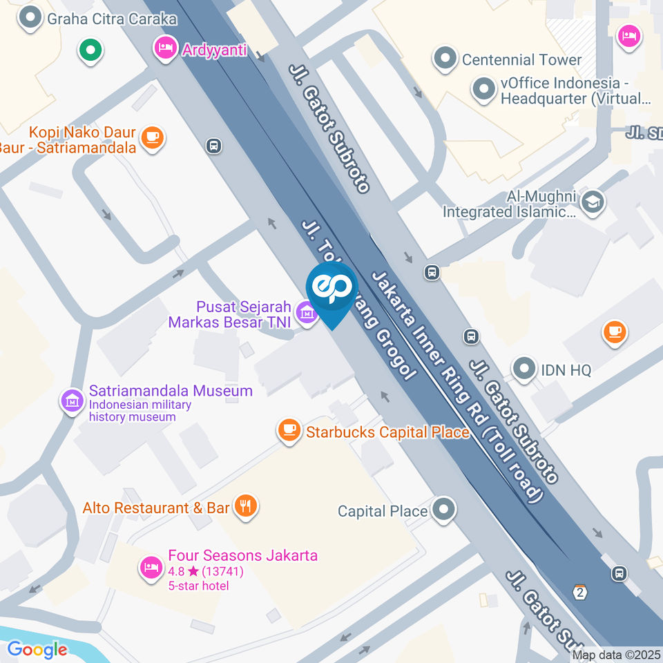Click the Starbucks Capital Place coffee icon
[x=289, y=431]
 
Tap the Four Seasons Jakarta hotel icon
[x=150, y=568]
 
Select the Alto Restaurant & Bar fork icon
[x=245, y=507]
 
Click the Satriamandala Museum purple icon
[x=73, y=401]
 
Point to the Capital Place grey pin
[x=443, y=510]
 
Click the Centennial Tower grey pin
[x=445, y=59]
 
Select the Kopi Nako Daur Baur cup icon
[x=152, y=137]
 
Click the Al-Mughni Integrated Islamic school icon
[x=593, y=202]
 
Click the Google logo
[x=37, y=650]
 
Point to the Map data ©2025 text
[x=616, y=653]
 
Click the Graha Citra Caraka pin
[x=30, y=19]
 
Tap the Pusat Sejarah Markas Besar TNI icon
[x=305, y=313]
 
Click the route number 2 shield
[x=579, y=592]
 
